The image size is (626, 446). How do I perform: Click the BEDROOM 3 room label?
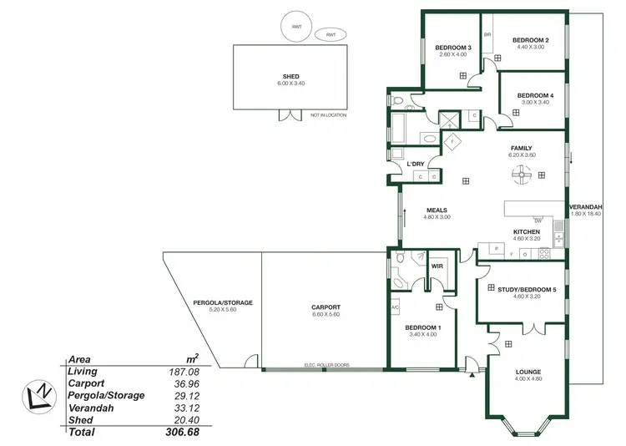coord(454,48)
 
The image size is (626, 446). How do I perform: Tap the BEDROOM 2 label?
coord(530,40)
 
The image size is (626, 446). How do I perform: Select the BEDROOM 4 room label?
coord(535,95)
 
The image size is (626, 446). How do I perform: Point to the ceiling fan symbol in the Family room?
coord(521,173)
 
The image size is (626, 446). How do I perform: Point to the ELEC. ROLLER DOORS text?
coord(326,365)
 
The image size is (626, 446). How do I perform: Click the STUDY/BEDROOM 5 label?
coord(526,289)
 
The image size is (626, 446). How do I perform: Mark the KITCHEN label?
coord(527,231)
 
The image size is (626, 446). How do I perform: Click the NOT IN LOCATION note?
coord(328,114)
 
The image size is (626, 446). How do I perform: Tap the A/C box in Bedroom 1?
coord(396,307)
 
